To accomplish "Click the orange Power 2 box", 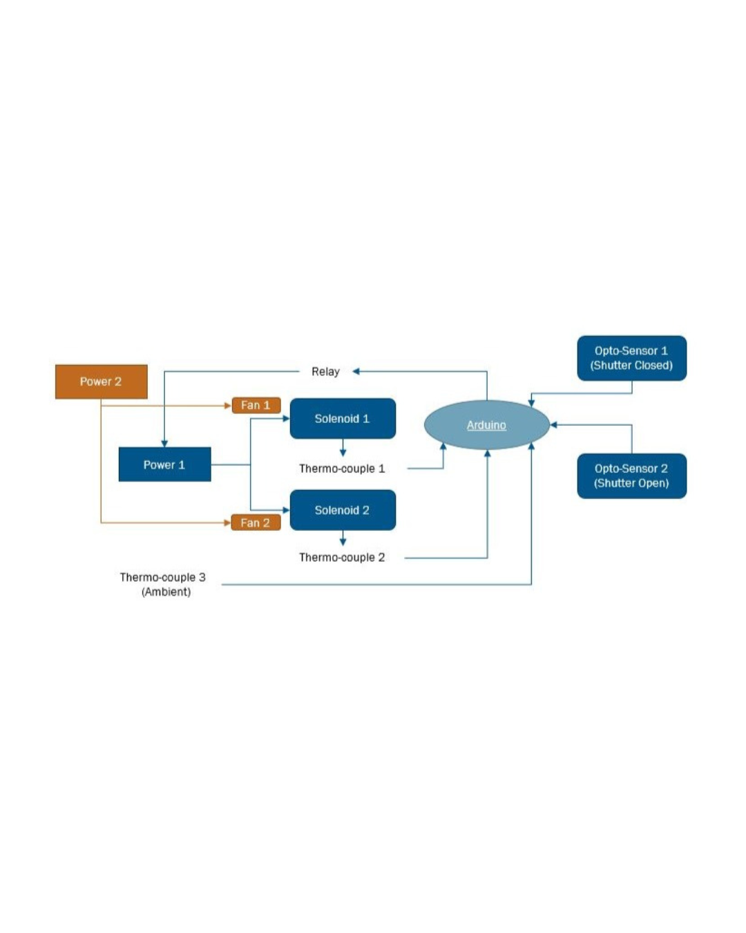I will tap(101, 381).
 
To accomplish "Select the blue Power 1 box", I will tap(164, 464).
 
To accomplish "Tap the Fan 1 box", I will tap(256, 405).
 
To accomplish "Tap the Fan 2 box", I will tap(256, 522).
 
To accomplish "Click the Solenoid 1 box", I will tap(343, 418).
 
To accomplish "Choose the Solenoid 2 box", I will tap(343, 510).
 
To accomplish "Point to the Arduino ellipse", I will tap(486, 425).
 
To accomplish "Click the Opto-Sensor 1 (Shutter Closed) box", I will tap(631, 358).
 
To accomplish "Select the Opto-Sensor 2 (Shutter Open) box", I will tap(631, 475).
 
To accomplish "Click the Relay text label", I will tap(325, 372).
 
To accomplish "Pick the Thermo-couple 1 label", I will tap(342, 469).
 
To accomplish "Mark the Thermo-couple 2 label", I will tap(342, 558).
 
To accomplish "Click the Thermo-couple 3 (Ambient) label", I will tap(163, 584).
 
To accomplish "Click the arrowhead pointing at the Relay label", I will tap(356, 372).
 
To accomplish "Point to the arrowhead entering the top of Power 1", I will tap(164, 443).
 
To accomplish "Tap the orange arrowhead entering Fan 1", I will tap(227, 406).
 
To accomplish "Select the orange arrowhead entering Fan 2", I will tap(227, 522).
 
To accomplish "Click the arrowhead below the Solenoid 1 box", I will tap(343, 453).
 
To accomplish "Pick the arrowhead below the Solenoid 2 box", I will tap(343, 542).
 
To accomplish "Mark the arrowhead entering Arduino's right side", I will tap(554, 425).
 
